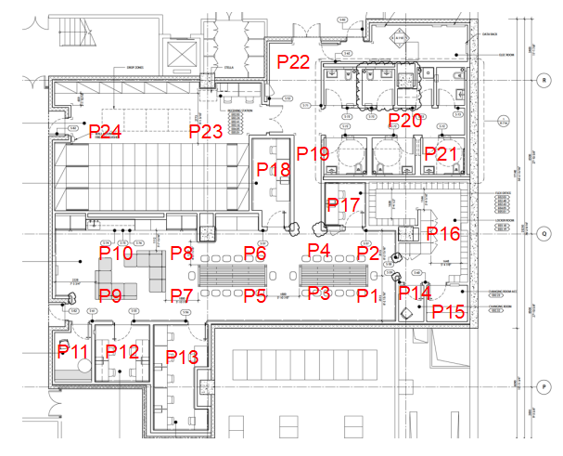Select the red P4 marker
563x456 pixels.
point(319,250)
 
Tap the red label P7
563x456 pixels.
point(182,295)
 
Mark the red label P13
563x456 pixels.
point(182,357)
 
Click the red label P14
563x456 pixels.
point(416,293)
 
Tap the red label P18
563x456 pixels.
point(274,169)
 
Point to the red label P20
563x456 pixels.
point(405,120)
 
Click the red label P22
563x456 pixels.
point(293,62)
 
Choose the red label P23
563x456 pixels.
point(206,132)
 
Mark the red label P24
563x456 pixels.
point(106,131)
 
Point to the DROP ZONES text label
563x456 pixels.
point(126,68)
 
